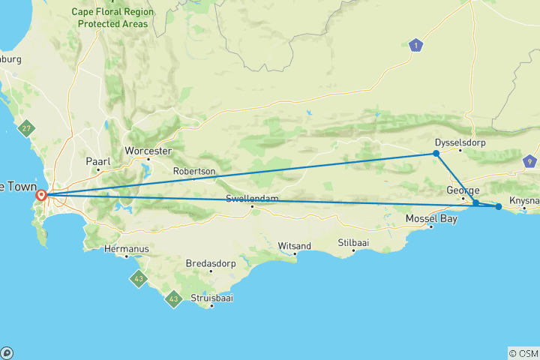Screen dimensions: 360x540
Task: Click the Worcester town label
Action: (148, 150)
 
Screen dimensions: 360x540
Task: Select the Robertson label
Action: (194, 172)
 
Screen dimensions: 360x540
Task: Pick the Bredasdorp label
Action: (211, 263)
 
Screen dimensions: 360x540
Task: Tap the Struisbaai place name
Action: (211, 297)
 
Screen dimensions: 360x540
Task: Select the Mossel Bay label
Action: (430, 218)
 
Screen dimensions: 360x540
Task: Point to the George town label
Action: (463, 190)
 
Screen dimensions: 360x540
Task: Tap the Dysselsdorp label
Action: (457, 142)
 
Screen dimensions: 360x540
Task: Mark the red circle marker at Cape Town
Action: (42, 196)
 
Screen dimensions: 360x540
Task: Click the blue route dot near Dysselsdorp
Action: (436, 154)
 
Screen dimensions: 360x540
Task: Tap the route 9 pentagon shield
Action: (530, 160)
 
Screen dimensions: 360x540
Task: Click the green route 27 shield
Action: (28, 127)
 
